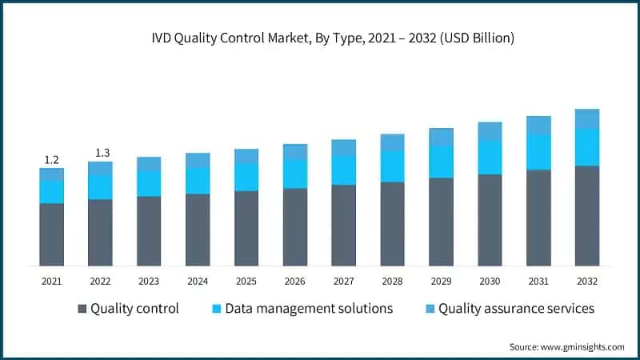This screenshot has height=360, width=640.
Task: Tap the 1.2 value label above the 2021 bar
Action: point(51,159)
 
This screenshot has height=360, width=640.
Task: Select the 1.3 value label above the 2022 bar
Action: point(101,153)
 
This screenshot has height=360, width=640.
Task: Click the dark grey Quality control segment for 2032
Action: point(587,215)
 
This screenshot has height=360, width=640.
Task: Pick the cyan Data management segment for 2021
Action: point(52,192)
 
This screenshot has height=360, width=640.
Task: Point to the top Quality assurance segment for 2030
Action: point(490,131)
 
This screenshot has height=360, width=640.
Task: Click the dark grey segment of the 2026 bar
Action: point(295,226)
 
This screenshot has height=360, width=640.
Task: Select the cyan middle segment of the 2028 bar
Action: point(393,166)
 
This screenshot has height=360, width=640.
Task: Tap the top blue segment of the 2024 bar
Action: point(198,160)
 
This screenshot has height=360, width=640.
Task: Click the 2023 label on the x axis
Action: point(149,281)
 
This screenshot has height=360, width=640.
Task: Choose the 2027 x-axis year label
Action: point(344,281)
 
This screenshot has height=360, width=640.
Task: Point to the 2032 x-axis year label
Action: point(587,281)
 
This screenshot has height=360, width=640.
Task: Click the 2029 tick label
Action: point(441,281)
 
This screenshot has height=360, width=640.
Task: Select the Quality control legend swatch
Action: point(82,309)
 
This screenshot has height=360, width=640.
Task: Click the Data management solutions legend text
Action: point(309,309)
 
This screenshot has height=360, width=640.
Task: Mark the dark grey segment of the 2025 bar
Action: point(246,228)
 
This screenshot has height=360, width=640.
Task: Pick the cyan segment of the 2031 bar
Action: point(538,152)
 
